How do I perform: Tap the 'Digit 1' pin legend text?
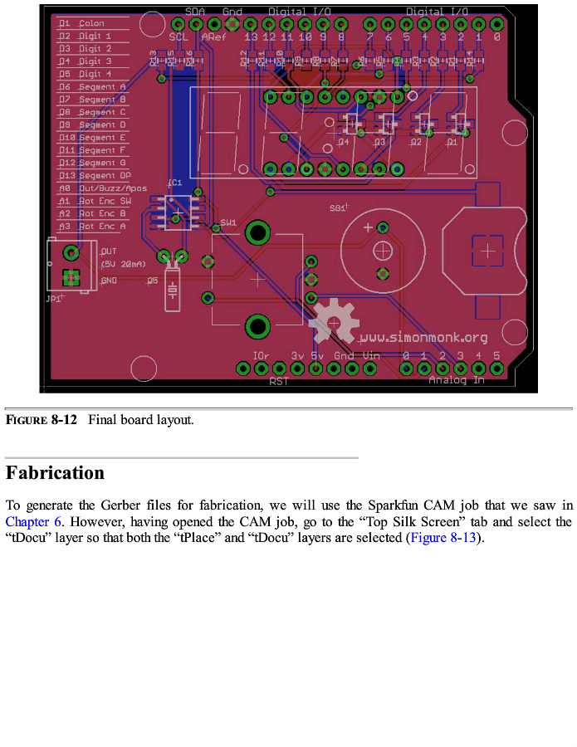click(95, 37)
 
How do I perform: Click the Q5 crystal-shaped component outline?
click(173, 290)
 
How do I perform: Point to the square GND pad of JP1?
click(72, 279)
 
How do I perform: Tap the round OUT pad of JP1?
click(72, 252)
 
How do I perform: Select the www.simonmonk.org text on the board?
click(423, 338)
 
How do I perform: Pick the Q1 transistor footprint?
click(457, 125)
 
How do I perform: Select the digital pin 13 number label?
click(251, 37)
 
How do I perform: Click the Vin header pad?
click(369, 368)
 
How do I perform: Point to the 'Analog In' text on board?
click(456, 380)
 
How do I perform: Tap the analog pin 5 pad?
click(497, 368)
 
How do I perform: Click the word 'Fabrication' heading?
click(55, 473)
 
